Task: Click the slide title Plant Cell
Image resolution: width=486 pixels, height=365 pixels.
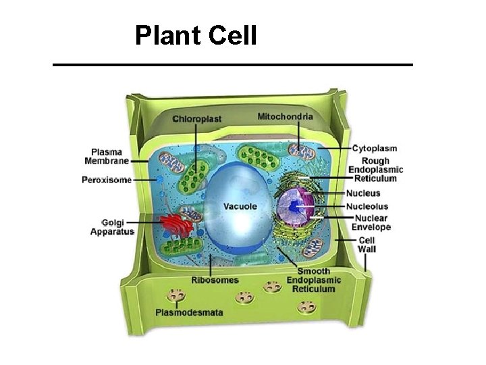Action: click(196, 35)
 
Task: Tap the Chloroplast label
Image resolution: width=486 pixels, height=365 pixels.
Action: click(197, 119)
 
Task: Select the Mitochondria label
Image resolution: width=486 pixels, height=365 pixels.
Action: click(286, 116)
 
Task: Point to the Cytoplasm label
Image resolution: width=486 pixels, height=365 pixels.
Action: click(374, 148)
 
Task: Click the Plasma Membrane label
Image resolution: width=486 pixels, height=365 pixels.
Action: click(107, 156)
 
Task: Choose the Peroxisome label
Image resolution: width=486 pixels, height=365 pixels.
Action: click(107, 180)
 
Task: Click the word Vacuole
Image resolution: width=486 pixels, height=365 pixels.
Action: click(240, 205)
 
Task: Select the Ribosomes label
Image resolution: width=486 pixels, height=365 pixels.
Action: click(215, 279)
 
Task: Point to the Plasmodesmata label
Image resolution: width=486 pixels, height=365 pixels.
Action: click(189, 312)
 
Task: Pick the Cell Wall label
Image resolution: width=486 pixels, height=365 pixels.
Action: click(367, 245)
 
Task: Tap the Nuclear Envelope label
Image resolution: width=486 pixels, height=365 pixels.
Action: click(372, 223)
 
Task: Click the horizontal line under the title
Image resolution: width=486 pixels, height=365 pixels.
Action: click(233, 64)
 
